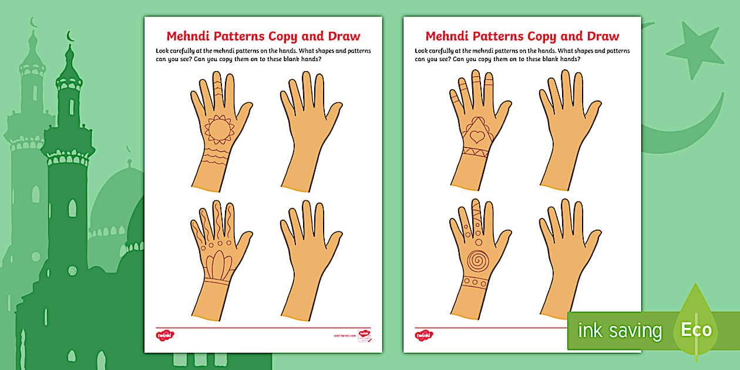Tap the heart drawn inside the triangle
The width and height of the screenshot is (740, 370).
pos(477,136)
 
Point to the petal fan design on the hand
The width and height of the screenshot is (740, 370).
pos(218,263)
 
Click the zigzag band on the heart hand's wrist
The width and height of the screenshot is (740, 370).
pos(473,152)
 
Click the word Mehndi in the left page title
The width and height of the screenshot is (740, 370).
pos(191,36)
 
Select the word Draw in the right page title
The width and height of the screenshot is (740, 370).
pos(601,36)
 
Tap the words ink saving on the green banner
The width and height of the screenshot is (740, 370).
pos(620,331)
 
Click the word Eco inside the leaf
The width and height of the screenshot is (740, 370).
pos(696,329)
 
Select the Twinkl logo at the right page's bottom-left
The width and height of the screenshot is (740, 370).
pos(423,335)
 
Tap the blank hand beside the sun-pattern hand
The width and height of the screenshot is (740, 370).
pos(307,129)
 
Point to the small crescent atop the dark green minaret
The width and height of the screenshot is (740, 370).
pos(70,37)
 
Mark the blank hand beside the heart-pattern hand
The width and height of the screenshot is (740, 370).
pos(566,129)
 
